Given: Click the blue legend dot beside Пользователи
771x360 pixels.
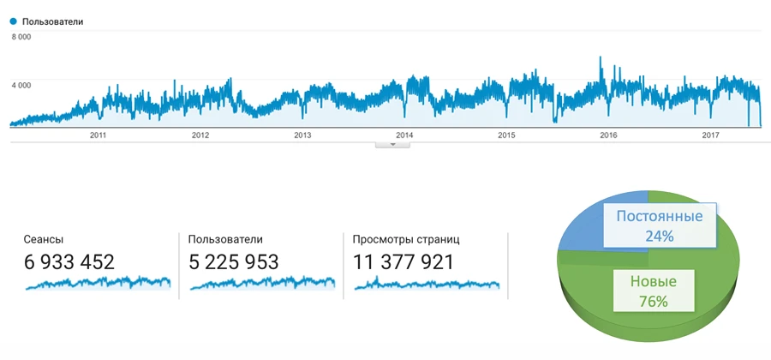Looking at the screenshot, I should pos(13,21).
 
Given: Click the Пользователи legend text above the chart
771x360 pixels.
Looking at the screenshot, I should pos(53,21).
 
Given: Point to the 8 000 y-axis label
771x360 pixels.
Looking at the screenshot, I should pos(21,37).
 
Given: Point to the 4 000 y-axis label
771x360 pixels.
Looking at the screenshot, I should pos(21,85).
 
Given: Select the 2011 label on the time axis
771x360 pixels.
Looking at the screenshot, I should pos(98,135).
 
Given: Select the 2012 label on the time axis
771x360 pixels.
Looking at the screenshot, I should pos(200,135).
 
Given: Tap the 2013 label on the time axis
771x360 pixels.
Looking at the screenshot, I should pos(302,135).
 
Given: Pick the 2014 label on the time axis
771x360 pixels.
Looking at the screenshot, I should pos(404,135).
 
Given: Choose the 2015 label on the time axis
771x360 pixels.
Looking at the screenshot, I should pos(506,135).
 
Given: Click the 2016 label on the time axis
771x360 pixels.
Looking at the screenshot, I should pos(608,135).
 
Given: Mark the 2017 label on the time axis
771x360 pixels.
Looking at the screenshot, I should pos(710,135).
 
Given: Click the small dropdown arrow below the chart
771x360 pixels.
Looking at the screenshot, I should pos(393,144).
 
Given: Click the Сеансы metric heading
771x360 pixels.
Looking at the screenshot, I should pos(44,240).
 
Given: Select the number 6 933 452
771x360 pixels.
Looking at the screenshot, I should pos(69,262).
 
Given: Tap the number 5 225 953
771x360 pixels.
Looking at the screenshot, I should pos(234,262).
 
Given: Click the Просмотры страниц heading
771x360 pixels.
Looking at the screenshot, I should pos(406,240).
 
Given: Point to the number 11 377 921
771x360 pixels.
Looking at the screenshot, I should pos(403,262).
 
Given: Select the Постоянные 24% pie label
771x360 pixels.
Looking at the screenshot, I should pos(660,225).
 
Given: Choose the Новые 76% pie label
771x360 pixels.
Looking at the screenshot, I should pos(654,291).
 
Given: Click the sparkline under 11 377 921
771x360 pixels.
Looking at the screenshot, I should pos(426,285).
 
